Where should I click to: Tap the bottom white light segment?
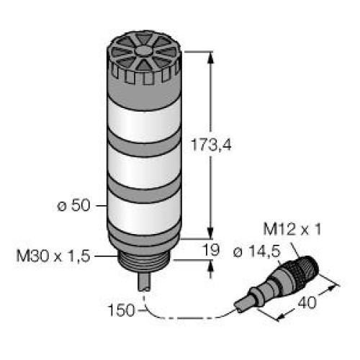click(144, 210)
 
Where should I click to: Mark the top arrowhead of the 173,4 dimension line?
click(211, 56)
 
